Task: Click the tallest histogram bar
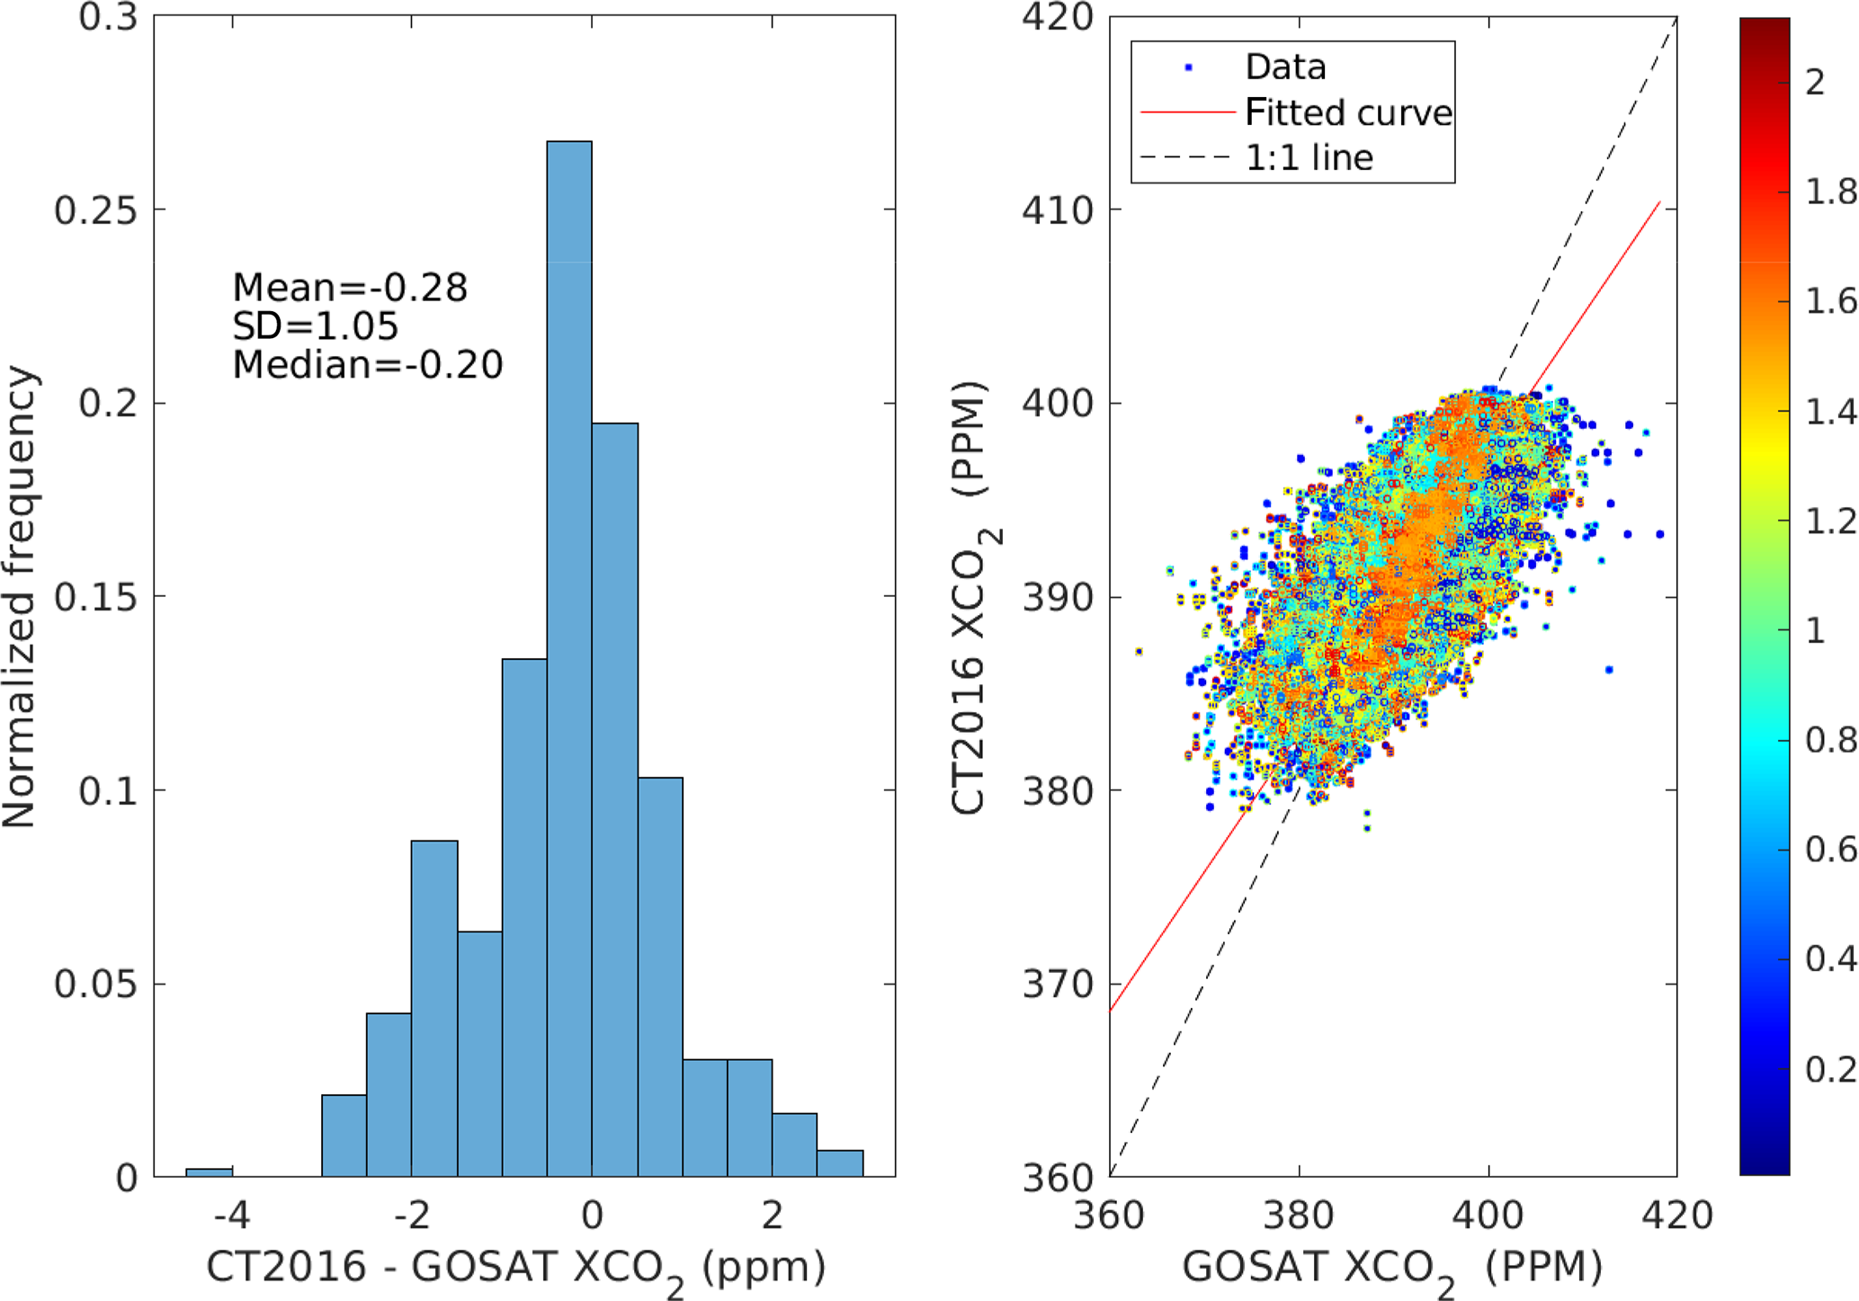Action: [x=569, y=656]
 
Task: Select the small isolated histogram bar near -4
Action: [x=209, y=1172]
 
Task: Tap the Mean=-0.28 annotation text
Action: [x=350, y=288]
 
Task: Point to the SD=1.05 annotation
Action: [x=315, y=326]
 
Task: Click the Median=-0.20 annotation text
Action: [x=367, y=365]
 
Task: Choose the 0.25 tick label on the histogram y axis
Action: [x=95, y=210]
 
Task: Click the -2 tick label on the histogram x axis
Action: [x=412, y=1216]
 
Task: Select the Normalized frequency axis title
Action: [x=20, y=596]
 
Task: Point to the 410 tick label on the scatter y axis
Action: [x=1057, y=210]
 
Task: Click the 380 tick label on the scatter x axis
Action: [x=1298, y=1216]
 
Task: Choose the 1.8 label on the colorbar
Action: [x=1829, y=192]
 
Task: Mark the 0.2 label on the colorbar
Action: [x=1829, y=1070]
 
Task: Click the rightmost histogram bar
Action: [x=840, y=1163]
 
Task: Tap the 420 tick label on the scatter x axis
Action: [x=1676, y=1216]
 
